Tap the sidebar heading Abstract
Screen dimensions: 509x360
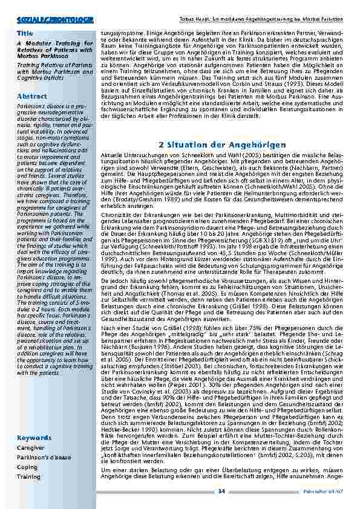click(x=31, y=96)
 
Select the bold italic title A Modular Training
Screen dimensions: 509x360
click(x=54, y=44)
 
